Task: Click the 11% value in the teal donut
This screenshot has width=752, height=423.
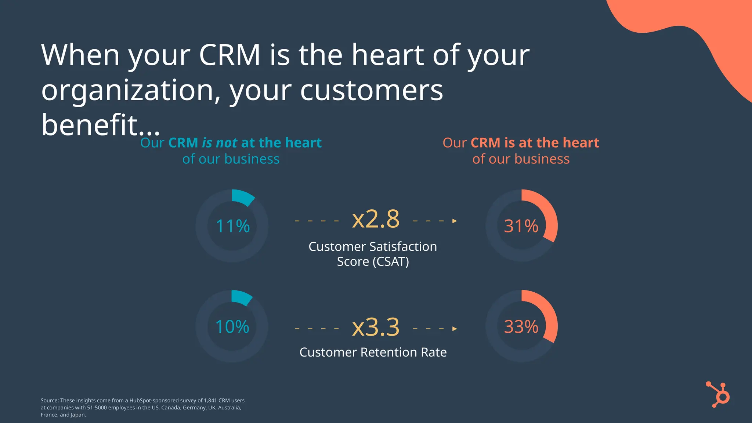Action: (233, 226)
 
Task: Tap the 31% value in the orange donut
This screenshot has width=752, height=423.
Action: (521, 226)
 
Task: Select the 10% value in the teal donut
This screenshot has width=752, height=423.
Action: (232, 327)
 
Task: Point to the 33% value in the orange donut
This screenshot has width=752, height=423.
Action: (521, 327)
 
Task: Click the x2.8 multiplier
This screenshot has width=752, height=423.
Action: (376, 219)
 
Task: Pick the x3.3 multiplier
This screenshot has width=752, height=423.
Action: (376, 327)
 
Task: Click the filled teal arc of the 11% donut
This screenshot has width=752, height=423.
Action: (242, 196)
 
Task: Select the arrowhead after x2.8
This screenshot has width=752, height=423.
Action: (455, 221)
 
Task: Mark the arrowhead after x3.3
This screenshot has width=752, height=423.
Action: (455, 329)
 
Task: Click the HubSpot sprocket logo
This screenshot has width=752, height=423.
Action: (719, 395)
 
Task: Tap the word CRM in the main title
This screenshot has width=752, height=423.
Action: (229, 55)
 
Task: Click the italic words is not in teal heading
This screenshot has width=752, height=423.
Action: (220, 143)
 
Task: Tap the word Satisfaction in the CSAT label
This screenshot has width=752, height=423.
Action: (402, 247)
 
